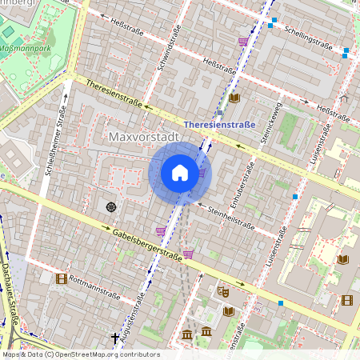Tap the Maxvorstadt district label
(x=142, y=138)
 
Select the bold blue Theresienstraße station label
(x=219, y=125)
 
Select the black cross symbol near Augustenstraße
(x=115, y=338)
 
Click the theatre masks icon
(x=222, y=292)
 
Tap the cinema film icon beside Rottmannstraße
(x=61, y=278)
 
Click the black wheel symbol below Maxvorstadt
(x=111, y=207)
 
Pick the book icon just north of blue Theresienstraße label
(x=234, y=98)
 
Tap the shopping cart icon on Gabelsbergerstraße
(x=188, y=254)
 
